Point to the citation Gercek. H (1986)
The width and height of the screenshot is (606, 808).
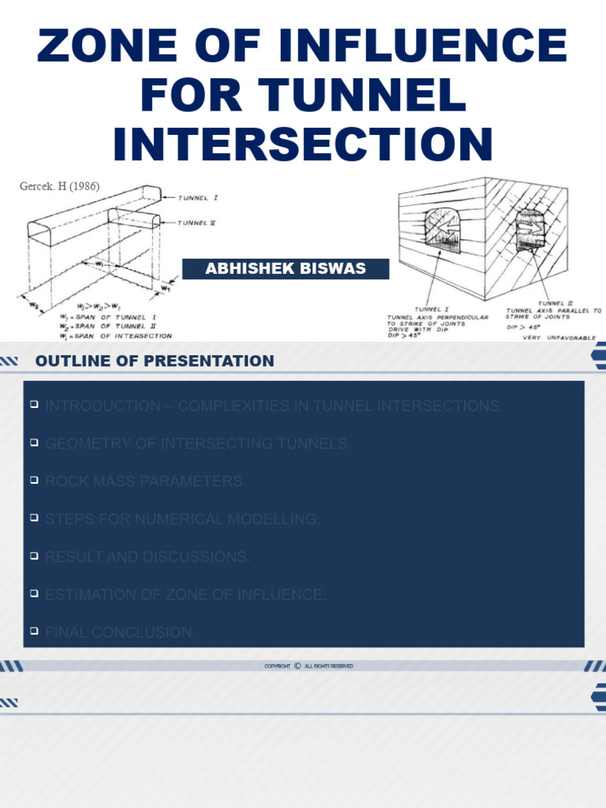60,186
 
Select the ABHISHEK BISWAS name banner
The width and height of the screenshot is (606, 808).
286,268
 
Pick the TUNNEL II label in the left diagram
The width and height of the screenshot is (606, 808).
196,223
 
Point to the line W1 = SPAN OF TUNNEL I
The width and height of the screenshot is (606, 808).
125,316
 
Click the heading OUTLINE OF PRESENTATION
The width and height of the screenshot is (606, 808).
155,361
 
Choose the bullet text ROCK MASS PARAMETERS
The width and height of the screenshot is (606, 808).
145,481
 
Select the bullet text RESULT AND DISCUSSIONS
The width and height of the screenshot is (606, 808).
148,557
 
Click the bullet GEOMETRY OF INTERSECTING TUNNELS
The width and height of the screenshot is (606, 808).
198,444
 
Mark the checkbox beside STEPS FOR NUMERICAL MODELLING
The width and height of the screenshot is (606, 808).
34,518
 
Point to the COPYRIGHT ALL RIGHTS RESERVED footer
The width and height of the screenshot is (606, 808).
309,666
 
